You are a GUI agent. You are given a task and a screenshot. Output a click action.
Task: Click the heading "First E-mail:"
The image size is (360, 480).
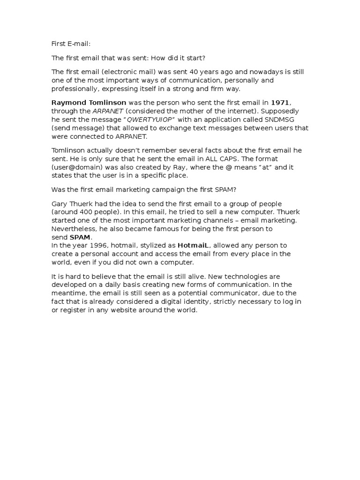tap(71, 44)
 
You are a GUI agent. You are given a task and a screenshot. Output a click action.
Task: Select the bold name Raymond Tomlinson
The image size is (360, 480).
tap(89, 102)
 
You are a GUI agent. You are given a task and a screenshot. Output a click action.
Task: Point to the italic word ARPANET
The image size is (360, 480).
tap(107, 111)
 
